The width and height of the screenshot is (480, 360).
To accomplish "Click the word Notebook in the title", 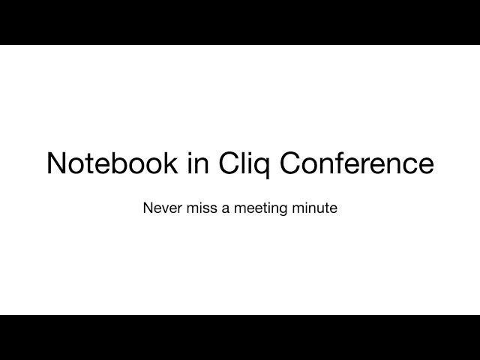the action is point(112,163).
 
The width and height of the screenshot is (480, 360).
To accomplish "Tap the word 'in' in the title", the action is point(198,163).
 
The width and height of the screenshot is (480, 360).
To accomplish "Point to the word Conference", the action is point(357,163).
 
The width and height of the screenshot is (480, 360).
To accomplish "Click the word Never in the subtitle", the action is point(163,208).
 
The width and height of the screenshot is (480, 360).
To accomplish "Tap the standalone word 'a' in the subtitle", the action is point(226,209).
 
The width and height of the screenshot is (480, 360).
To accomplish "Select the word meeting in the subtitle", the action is point(261,209).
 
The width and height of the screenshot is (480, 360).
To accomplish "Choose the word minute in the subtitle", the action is point(315,208).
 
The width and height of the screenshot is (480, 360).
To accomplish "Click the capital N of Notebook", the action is point(56,163).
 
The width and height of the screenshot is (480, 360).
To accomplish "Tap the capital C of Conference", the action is point(291,163).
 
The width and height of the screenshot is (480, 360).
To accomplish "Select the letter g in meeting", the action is point(283,211).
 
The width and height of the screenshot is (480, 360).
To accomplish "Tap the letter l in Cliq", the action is point(244,163).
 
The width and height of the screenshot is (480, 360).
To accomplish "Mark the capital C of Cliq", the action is point(229,163).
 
